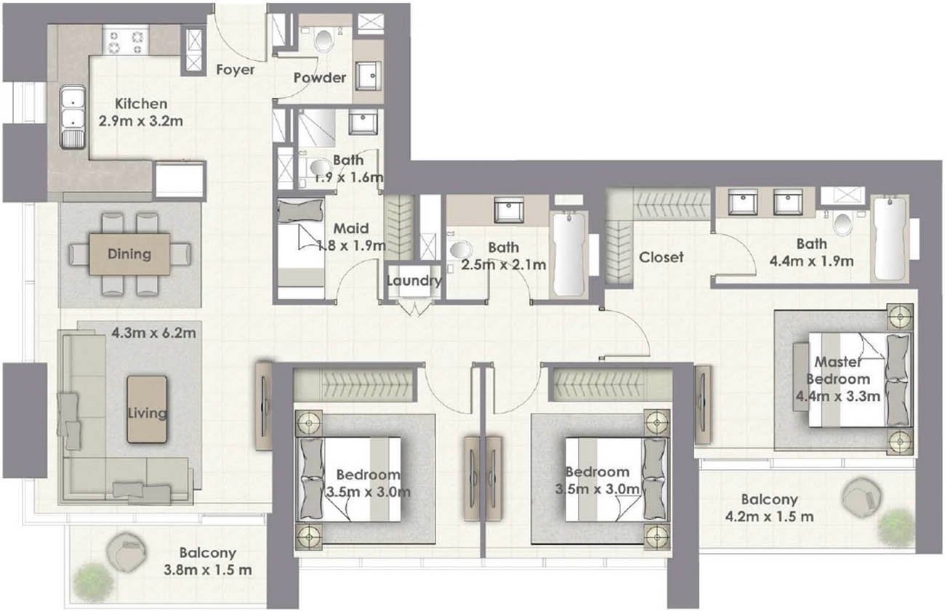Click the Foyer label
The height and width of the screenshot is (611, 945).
[235, 70]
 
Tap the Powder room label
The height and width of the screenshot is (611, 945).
[320, 78]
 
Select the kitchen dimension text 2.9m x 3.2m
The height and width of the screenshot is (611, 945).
[141, 121]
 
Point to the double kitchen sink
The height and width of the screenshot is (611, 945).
[73, 116]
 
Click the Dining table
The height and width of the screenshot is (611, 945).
[129, 254]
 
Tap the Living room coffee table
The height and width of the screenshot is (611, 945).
[147, 410]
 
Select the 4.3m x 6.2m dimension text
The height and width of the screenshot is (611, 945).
[154, 333]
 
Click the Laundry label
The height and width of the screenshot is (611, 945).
[414, 280]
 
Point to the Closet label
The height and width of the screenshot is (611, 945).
[661, 257]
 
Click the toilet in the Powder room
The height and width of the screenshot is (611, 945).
[324, 39]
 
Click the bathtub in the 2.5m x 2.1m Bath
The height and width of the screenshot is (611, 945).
[569, 256]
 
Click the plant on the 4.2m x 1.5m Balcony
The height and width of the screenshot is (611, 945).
[896, 528]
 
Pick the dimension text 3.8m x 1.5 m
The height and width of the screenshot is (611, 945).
[208, 570]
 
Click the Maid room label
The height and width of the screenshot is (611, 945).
[351, 229]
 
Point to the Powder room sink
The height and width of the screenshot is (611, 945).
[369, 76]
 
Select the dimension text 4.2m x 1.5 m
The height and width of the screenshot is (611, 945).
[770, 516]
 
